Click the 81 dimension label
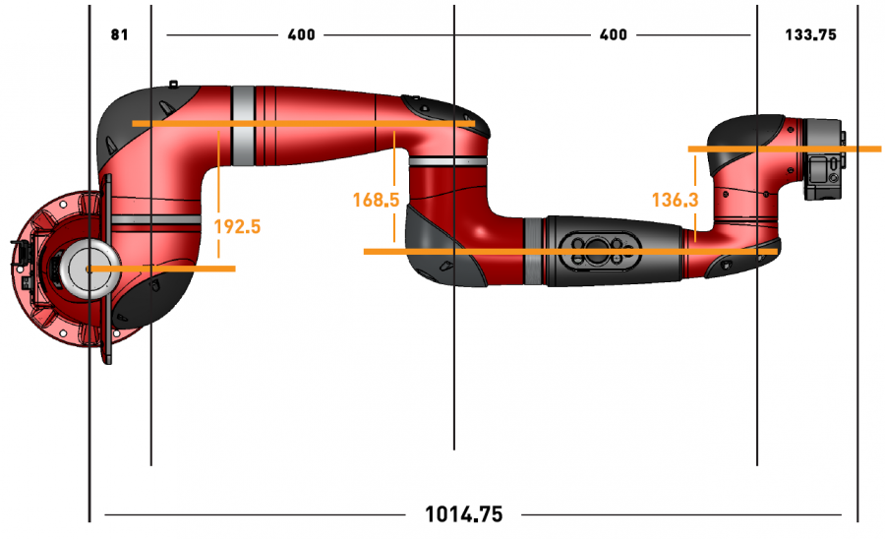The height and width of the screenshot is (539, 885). tap(120, 35)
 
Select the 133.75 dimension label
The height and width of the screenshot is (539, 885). tap(810, 35)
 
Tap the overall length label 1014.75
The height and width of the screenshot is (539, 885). tap(463, 514)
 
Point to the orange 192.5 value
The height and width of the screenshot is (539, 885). tap(237, 226)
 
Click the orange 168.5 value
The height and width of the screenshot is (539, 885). tap(376, 200)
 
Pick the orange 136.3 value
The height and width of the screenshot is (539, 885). tap(675, 200)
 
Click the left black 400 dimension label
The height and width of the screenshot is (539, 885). tap(302, 35)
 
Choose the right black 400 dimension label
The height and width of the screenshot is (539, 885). tap(613, 35)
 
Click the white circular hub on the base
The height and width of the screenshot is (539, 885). tap(89, 269)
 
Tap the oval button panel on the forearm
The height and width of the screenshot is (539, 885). tap(600, 251)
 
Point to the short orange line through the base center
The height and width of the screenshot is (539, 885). tap(162, 269)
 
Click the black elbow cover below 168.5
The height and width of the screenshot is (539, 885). tap(445, 248)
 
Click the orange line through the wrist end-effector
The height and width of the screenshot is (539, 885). tap(785, 149)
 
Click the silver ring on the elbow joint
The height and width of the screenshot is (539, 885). tap(448, 161)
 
